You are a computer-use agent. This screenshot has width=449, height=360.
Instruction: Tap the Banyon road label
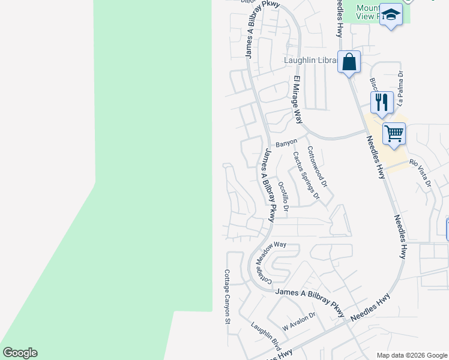[x=286, y=145]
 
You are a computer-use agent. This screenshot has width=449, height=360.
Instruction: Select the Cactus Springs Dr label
[x=304, y=175]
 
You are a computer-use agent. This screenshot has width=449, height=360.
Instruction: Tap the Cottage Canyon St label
[x=228, y=296]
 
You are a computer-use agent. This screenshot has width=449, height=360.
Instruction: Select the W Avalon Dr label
[x=298, y=322]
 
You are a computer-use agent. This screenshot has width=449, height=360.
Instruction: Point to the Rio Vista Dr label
[x=420, y=171]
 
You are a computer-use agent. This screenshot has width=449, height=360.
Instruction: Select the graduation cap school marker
[x=391, y=16]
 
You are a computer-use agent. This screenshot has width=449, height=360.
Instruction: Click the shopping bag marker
[x=349, y=62]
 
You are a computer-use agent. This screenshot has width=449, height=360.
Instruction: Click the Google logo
[x=20, y=353]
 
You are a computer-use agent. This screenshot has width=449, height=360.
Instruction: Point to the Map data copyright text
[x=411, y=355]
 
